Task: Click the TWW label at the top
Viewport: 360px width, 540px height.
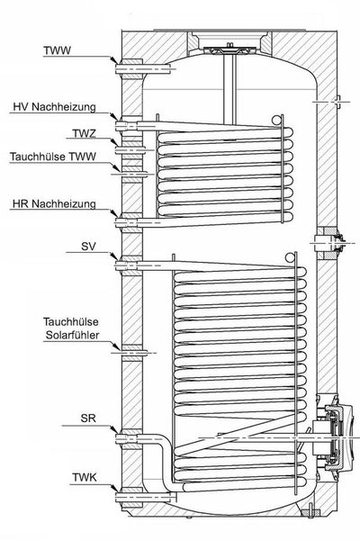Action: pos(57,50)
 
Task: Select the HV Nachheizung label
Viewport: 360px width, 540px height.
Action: pos(54,107)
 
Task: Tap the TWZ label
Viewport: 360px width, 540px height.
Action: pos(84,133)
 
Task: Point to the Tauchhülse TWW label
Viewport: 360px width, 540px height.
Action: pos(53,157)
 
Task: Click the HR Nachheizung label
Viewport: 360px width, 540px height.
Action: pos(54,204)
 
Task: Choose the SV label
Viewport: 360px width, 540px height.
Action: pos(89,247)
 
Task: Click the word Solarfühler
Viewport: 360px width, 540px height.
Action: pos(72,335)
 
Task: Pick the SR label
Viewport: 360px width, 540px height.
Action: pos(88,418)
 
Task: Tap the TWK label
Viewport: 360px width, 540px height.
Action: pos(85,477)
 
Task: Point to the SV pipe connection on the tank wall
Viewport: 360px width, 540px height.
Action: pos(128,265)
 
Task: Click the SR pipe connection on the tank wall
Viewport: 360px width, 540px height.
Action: pos(128,438)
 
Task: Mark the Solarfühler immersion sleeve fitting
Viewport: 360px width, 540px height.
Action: pos(132,353)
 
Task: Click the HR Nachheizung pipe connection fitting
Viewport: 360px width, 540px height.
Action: pos(128,222)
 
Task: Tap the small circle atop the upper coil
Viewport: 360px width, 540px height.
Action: pos(276,120)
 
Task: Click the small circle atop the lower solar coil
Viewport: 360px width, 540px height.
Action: pos(290,256)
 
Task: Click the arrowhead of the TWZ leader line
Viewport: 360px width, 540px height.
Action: pos(115,142)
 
